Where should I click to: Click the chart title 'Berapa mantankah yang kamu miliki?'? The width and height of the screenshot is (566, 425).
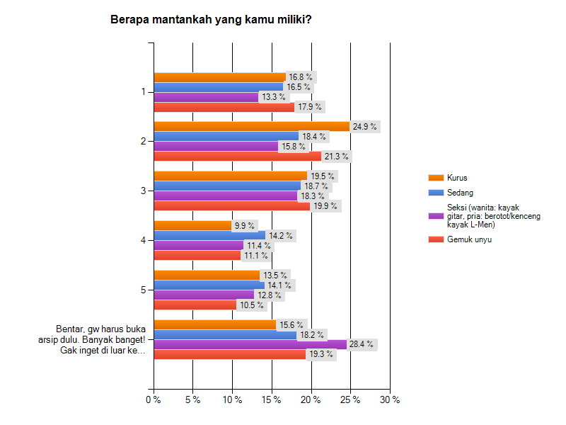point(211,19)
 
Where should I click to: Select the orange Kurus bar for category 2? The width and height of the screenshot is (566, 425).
point(251,126)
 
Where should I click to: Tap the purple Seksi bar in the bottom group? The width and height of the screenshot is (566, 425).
point(250,344)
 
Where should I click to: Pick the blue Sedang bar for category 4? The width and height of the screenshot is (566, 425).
point(209,235)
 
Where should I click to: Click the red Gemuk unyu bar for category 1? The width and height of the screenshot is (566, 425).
point(224,107)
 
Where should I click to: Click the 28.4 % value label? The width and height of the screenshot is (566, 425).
point(362,345)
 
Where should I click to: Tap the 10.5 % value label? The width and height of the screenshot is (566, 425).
point(250,305)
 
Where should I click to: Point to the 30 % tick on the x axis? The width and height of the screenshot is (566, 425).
point(390,399)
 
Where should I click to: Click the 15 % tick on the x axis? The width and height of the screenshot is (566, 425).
point(272,399)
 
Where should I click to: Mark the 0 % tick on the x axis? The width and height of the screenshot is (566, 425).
point(153,399)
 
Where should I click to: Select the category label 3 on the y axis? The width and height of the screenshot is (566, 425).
point(143,191)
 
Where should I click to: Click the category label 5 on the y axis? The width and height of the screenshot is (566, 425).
point(143,290)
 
